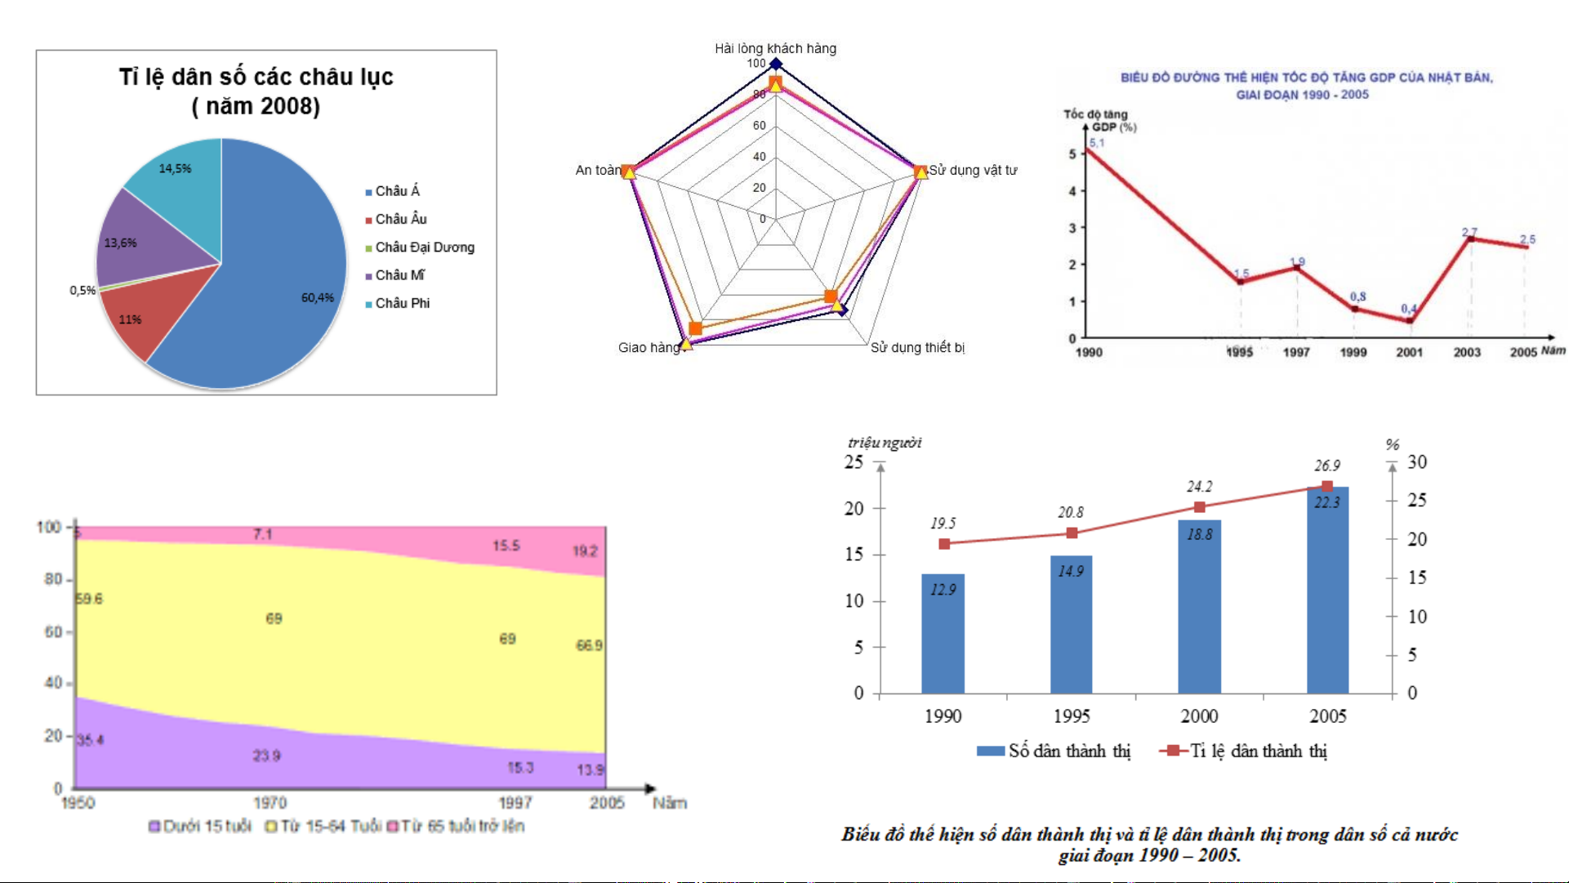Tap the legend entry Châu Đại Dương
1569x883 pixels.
[x=424, y=247]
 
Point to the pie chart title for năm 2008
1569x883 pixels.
[x=256, y=91]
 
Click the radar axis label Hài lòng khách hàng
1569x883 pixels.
[x=775, y=48]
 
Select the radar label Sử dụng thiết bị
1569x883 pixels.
[x=917, y=347]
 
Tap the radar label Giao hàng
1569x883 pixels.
[x=649, y=347]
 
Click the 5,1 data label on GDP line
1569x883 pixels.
[x=1096, y=143]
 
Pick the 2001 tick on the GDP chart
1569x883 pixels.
[x=1409, y=352]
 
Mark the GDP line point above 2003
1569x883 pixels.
[x=1470, y=239]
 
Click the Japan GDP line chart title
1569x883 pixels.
[x=1306, y=86]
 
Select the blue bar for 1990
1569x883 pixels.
[x=943, y=633]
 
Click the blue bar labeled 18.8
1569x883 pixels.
[x=1199, y=606]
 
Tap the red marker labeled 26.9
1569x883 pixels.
[x=1326, y=487]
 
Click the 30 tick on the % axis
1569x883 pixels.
[x=1417, y=462]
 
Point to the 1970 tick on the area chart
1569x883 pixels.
[x=270, y=802]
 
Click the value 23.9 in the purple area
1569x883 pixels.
[x=266, y=756]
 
